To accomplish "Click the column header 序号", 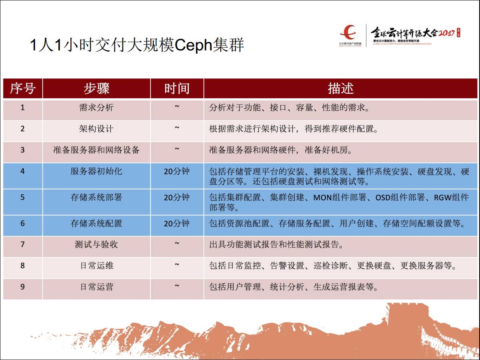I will point(23,88).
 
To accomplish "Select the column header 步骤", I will point(96,88).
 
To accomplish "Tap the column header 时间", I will point(177,88).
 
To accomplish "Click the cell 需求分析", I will point(96,108).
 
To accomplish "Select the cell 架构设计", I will point(96,129).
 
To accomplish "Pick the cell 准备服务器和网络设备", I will point(96,150).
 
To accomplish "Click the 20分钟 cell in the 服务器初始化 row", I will point(177,172).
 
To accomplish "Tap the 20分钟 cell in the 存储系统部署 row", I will point(177,198).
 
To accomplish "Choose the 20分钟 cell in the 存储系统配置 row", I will point(177,224).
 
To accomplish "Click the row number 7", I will point(22,244).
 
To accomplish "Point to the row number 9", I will point(22,287).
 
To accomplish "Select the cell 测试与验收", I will point(96,244).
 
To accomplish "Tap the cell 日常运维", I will point(96,266).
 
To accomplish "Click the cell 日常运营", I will point(96,287).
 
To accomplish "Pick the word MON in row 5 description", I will point(322,198).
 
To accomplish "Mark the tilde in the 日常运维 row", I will point(177,264).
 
